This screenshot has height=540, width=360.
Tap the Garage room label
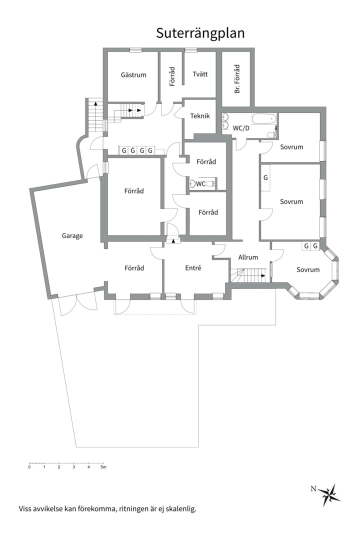(x=72, y=236)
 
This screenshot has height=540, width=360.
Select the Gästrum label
(x=133, y=74)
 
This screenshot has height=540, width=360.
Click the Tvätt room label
(x=200, y=74)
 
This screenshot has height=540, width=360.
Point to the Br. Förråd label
(x=237, y=79)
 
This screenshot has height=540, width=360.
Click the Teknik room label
(x=200, y=116)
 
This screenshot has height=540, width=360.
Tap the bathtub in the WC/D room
(x=264, y=119)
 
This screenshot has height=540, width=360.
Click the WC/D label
(x=241, y=128)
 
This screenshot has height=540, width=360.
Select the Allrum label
(x=248, y=257)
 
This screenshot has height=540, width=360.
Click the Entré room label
(x=193, y=268)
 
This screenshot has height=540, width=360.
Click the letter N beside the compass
(x=313, y=488)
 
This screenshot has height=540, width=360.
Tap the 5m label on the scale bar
(x=103, y=467)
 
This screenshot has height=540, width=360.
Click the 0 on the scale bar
(x=29, y=467)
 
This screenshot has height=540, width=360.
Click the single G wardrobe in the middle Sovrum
(x=265, y=178)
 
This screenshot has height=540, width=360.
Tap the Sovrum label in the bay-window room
(x=308, y=269)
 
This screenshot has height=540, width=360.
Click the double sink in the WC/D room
(x=225, y=121)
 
